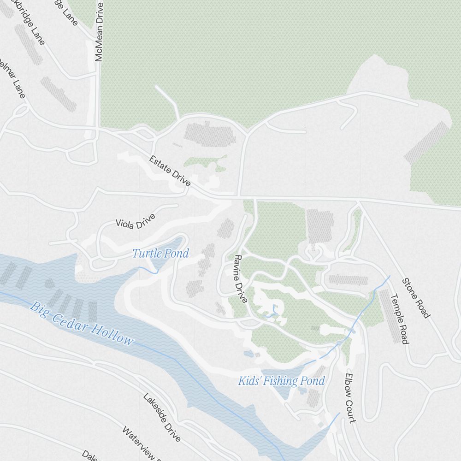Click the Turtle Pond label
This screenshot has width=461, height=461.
tap(160, 254)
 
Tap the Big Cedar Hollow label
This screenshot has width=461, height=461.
tap(82, 323)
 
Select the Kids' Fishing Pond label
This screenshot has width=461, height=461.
tap(281, 381)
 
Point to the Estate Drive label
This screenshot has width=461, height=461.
tap(170, 171)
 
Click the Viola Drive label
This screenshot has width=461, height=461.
tap(136, 220)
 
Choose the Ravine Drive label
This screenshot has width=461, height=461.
tap(241, 278)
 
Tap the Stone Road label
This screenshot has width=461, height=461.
tap(416, 298)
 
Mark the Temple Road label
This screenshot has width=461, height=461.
tap(400, 319)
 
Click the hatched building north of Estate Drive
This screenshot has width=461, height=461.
tap(210, 134)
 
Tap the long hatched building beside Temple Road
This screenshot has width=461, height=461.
tap(390, 316)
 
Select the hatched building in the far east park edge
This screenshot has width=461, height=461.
tap(426, 143)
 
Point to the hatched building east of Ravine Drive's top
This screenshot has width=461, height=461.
tap(319, 225)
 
